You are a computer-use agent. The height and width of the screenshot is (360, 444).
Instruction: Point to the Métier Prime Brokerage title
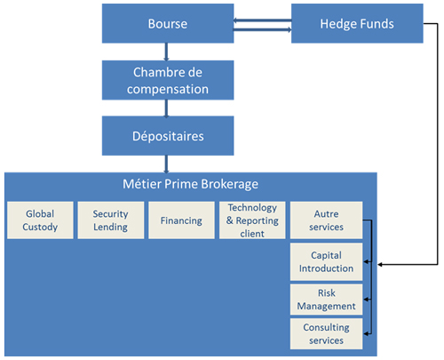click(x=190, y=185)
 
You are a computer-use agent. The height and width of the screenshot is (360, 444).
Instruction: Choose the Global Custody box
click(x=39, y=220)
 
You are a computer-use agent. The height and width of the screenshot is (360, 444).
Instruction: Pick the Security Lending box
click(x=110, y=220)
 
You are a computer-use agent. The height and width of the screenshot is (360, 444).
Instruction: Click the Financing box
click(x=180, y=220)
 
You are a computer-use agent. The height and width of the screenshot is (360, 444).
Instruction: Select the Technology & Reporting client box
click(x=251, y=220)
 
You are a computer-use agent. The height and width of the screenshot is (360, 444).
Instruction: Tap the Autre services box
click(x=326, y=220)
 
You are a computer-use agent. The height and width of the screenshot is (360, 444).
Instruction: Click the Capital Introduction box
click(x=326, y=261)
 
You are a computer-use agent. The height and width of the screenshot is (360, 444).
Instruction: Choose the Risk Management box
click(x=326, y=300)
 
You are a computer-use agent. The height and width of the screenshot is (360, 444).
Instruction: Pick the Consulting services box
click(x=326, y=333)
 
